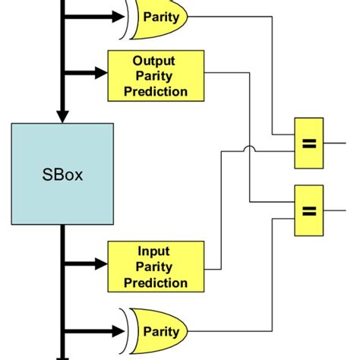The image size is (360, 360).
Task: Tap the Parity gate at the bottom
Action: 159,332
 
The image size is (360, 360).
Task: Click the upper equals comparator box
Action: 308,143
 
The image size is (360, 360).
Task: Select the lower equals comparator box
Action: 308,210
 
